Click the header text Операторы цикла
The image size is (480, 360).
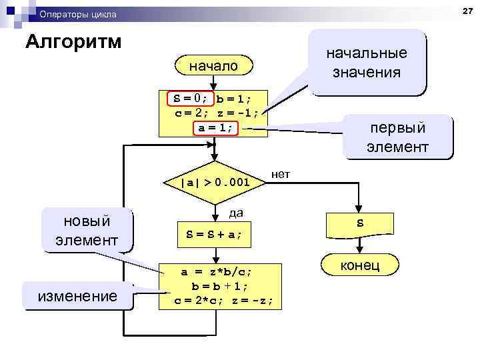[x=77, y=14]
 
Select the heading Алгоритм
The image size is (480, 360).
[x=73, y=41]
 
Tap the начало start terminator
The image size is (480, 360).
[x=213, y=66]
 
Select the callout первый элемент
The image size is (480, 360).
[x=397, y=137]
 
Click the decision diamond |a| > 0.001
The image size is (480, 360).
[x=215, y=182]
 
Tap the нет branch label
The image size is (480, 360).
[x=281, y=175]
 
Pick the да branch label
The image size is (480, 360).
[x=235, y=213]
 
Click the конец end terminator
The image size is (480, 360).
[x=360, y=266]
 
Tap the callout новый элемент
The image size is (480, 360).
[x=87, y=230]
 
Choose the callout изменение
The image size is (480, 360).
[x=77, y=295]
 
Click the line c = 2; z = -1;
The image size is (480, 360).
[x=216, y=113]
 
